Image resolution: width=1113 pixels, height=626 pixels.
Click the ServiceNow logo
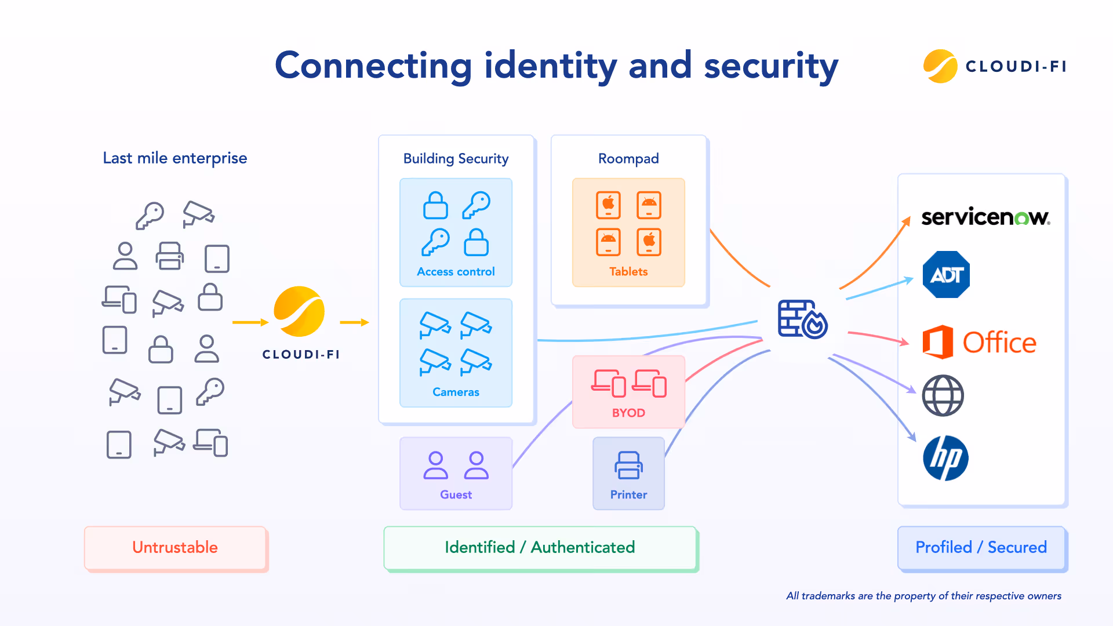click(x=985, y=217)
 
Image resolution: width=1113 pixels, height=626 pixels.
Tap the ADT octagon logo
click(x=946, y=275)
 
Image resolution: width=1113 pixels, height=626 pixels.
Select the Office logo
click(x=979, y=342)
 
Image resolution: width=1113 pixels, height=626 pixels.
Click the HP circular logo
click(x=945, y=458)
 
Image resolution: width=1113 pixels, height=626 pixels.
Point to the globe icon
click(x=943, y=396)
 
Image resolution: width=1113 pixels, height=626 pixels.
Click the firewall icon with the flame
click(x=803, y=319)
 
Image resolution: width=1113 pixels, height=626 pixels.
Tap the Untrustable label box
click(x=175, y=547)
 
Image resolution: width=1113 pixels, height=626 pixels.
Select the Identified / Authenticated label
click(x=540, y=547)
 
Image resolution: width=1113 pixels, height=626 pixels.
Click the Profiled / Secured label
click(x=981, y=547)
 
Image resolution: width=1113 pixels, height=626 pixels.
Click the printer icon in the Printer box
click(x=628, y=465)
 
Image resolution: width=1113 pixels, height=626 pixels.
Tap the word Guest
click(x=456, y=494)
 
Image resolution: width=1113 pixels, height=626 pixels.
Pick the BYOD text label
click(x=628, y=413)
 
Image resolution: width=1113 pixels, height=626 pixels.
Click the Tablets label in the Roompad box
click(x=628, y=271)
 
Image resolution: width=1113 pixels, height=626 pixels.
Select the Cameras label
click(x=456, y=392)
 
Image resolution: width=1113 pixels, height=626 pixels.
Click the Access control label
click(x=456, y=271)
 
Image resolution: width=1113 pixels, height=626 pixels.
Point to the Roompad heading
click(x=628, y=158)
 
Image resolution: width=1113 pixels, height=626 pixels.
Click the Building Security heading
click(x=456, y=158)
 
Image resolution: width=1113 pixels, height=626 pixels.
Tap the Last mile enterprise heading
click(x=174, y=158)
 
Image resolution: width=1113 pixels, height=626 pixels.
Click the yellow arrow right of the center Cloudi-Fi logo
click(x=354, y=322)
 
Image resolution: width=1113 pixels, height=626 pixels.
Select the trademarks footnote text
click(x=923, y=596)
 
